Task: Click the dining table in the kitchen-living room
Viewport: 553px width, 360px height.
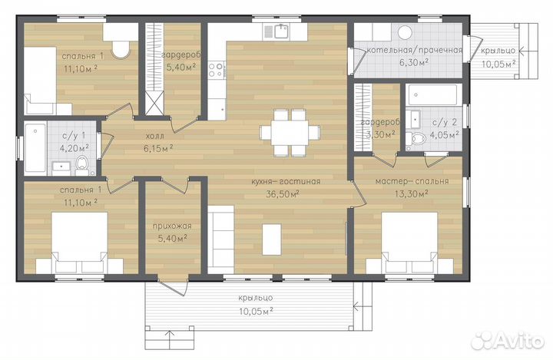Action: [290, 133]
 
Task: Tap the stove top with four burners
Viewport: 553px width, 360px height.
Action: [216, 69]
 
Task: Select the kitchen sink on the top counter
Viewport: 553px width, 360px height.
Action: [282, 31]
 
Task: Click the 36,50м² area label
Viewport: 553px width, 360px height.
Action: [283, 194]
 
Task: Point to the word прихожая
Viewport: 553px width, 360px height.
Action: [172, 226]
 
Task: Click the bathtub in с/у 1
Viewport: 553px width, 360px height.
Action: [35, 149]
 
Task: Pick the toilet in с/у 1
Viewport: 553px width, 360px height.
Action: [82, 165]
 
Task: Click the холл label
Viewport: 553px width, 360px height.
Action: [155, 136]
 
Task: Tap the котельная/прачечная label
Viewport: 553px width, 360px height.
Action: [415, 50]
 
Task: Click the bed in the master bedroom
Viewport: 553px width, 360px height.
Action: [409, 243]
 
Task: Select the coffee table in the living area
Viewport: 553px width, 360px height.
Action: [272, 239]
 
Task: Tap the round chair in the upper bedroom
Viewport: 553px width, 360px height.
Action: [121, 50]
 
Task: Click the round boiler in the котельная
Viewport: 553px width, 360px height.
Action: [405, 33]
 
